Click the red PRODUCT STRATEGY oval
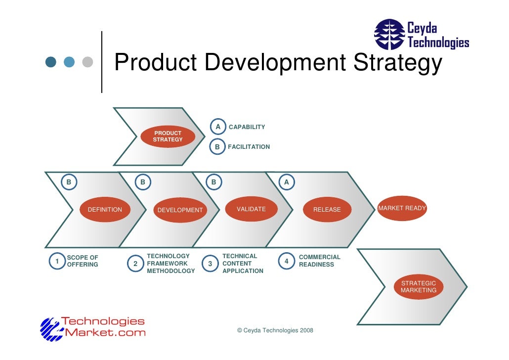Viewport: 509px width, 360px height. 168,136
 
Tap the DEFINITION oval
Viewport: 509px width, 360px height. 105,210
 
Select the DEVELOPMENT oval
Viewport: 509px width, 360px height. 180,210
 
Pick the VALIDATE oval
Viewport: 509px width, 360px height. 251,209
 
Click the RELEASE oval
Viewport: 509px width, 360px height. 327,210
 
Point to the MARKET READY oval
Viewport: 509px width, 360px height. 402,208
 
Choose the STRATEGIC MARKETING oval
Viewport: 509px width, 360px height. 419,287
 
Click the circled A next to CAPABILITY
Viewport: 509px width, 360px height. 217,126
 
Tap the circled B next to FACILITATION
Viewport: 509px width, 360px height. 217,146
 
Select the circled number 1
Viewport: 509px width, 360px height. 57,261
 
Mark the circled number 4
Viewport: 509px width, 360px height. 286,261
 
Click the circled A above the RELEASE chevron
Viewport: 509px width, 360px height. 286,182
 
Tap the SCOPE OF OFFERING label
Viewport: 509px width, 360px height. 83,261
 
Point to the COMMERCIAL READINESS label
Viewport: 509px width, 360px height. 319,261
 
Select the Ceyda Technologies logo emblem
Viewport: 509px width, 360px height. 389,34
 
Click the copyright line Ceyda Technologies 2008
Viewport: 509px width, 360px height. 275,330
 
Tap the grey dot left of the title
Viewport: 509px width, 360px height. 88,62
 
